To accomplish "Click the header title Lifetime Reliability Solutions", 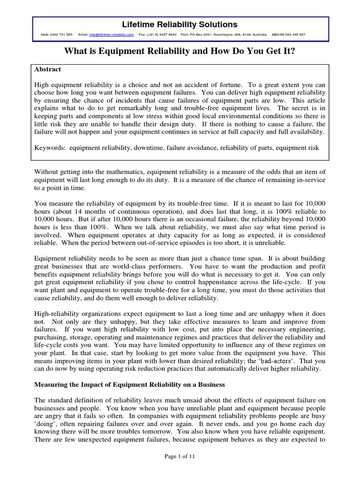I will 180,24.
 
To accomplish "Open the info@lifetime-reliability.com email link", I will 110,35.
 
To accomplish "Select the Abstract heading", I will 48,69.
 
